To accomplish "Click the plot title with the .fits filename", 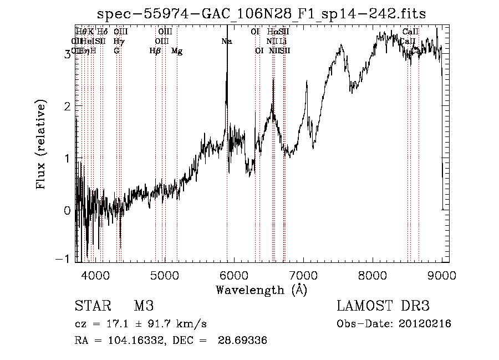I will click(262, 14).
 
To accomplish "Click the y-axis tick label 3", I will click(67, 54).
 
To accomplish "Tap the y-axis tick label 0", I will click(67, 210).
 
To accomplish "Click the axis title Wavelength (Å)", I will click(261, 290).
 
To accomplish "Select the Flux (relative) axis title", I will click(41, 145).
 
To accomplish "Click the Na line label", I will click(227, 42).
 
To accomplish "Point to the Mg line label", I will click(177, 51).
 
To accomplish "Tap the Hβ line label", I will click(155, 51).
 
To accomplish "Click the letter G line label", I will click(116, 51).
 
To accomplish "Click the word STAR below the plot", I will click(93, 306).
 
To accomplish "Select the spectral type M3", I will click(144, 306).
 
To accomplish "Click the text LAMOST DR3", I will click(383, 306).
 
